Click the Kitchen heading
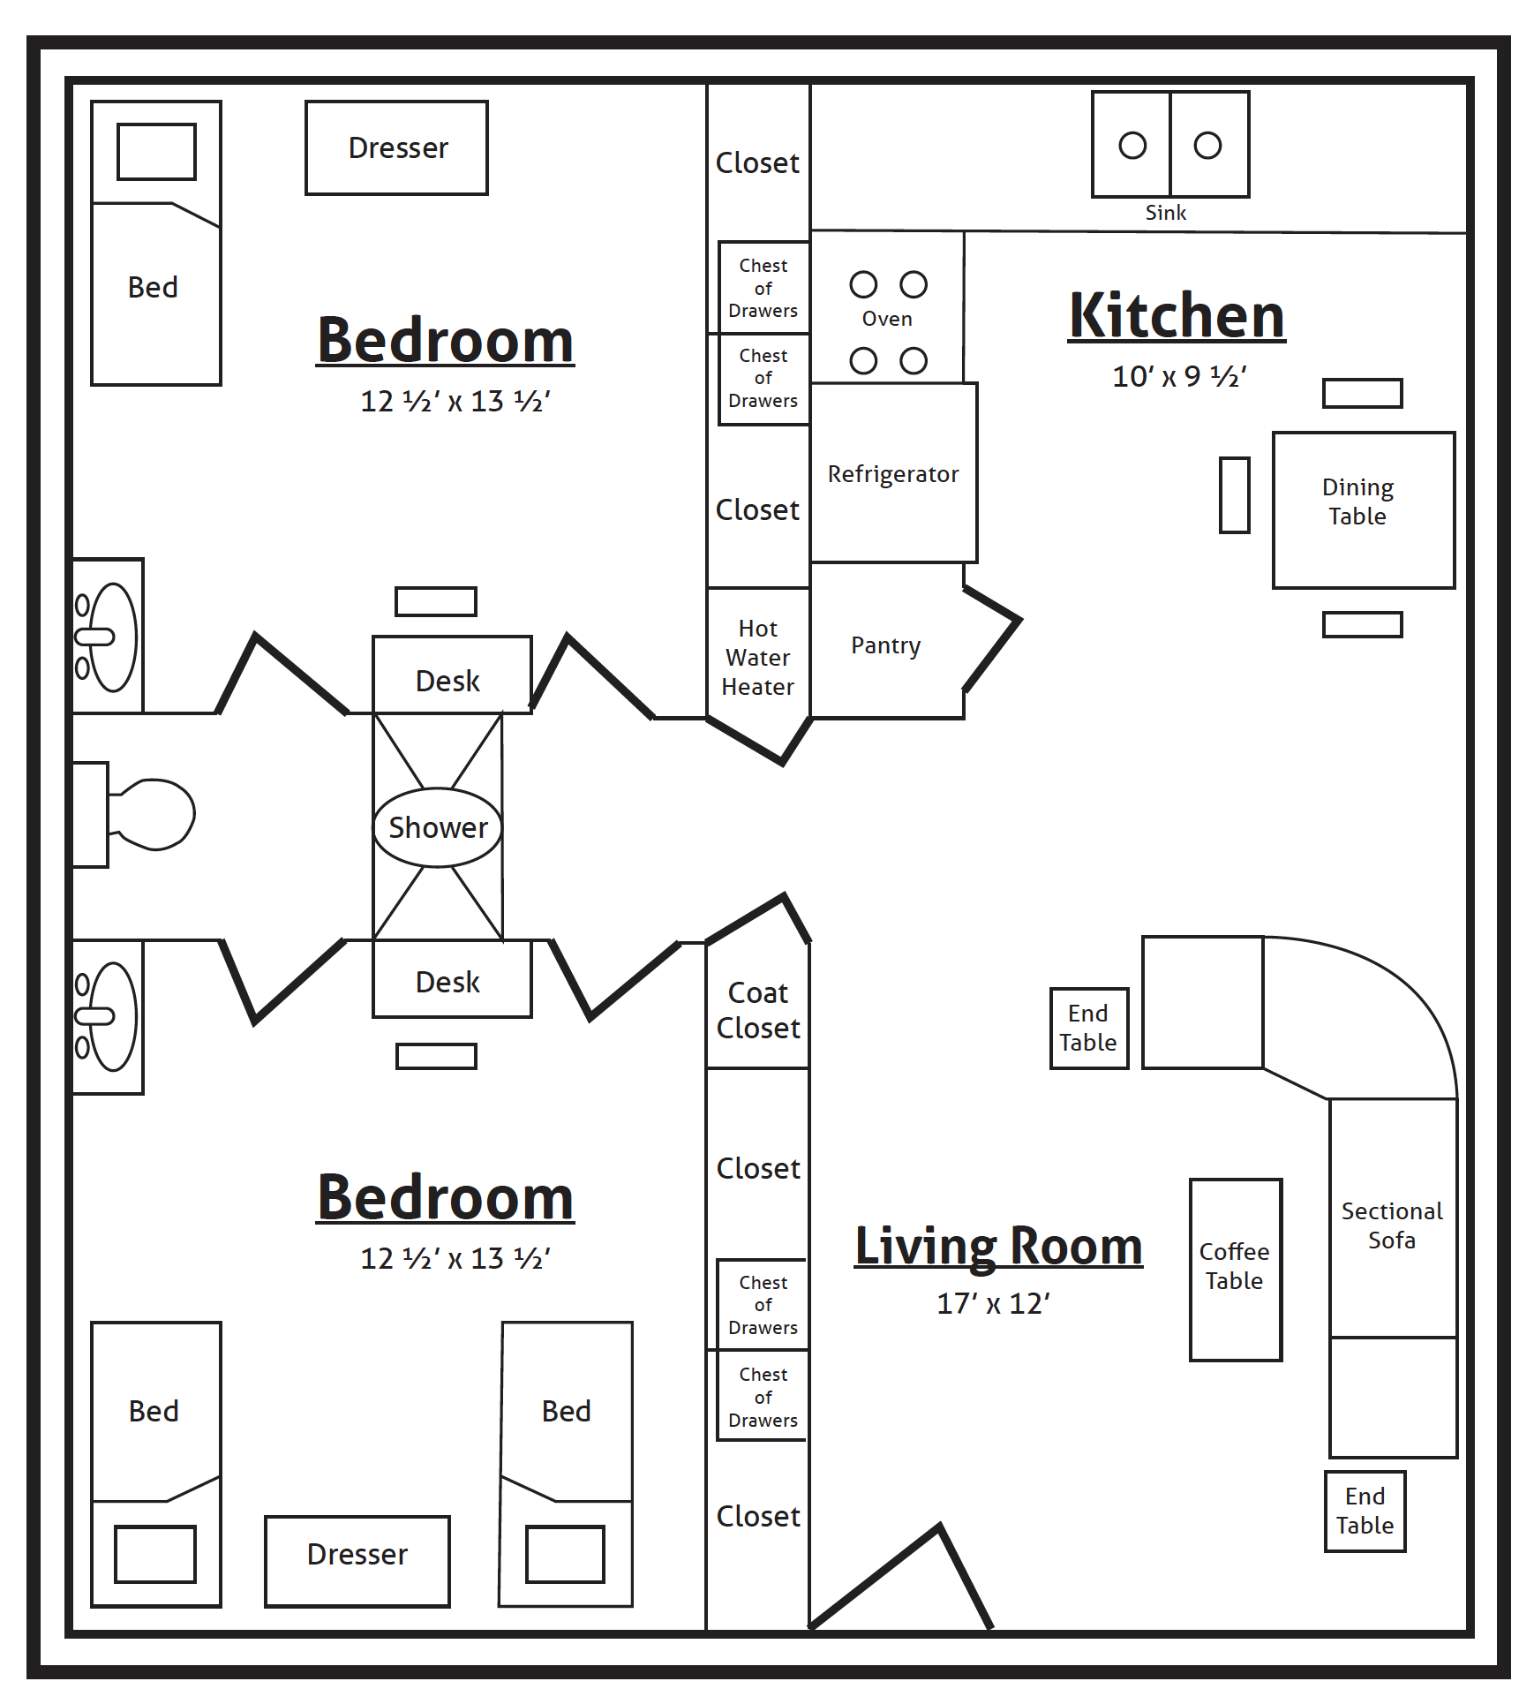1177,316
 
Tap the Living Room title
998,1246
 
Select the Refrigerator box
893,474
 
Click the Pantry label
885,645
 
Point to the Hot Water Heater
757,658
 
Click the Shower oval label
438,828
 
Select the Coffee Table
1235,1267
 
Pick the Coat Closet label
757,1011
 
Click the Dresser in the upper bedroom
397,148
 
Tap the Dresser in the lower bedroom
357,1555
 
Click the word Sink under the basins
1165,213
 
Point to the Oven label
887,319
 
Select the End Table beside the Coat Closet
1088,1029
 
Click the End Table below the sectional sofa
1365,1511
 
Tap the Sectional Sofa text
1392,1225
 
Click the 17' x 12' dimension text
993,1304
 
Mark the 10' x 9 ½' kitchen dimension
1178,377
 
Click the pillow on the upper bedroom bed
157,152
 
